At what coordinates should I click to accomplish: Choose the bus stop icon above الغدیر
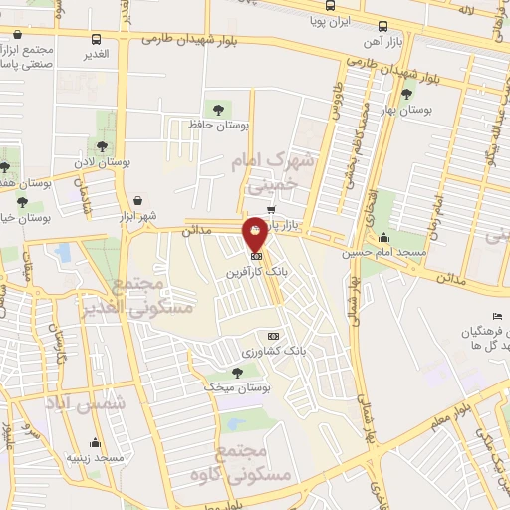click(97, 41)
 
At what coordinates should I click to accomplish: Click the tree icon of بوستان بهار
click(405, 95)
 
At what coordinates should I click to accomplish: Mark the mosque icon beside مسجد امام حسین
click(384, 237)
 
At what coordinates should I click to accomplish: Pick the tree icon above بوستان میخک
click(236, 372)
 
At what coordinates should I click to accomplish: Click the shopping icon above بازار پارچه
click(271, 210)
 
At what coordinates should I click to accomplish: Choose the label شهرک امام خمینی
click(270, 169)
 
